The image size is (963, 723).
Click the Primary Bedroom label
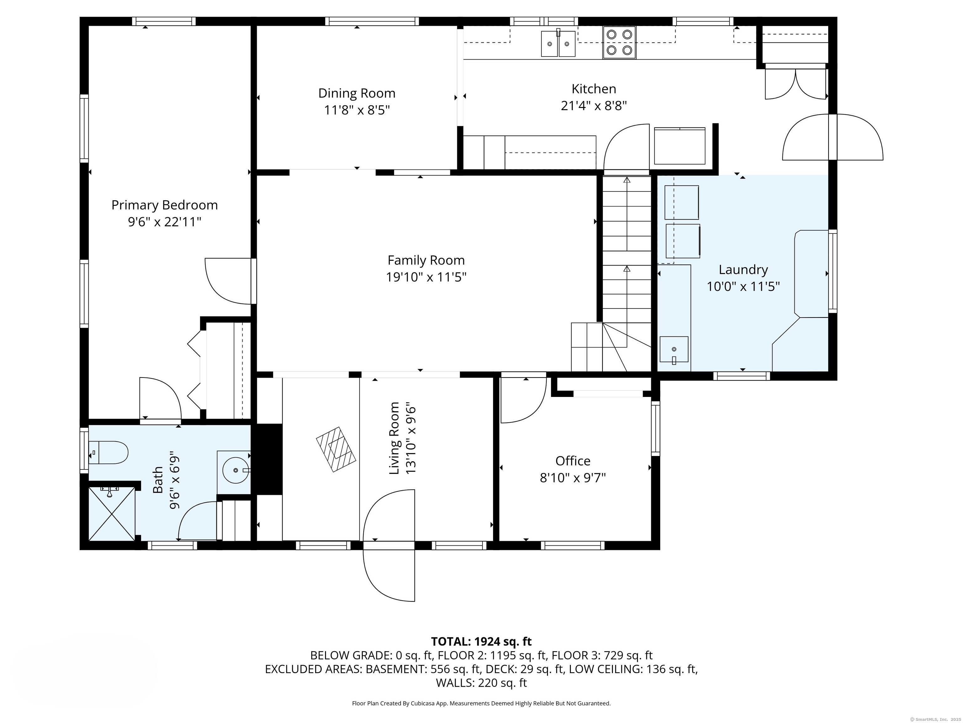coord(165,205)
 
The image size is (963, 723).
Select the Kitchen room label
coord(594,89)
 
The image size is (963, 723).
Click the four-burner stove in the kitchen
coord(619,42)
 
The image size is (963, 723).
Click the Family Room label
coord(426,260)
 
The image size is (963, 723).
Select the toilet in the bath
coord(108,453)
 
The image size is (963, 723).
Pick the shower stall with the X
coord(112,514)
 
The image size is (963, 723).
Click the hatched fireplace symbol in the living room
coord(336,449)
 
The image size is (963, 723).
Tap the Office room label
coord(573,461)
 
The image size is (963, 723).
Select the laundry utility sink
coord(674,350)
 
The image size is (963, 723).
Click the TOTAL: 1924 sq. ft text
coord(481,641)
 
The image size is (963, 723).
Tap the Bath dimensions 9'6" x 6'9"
coord(175,483)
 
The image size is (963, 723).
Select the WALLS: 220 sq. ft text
coord(481,683)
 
